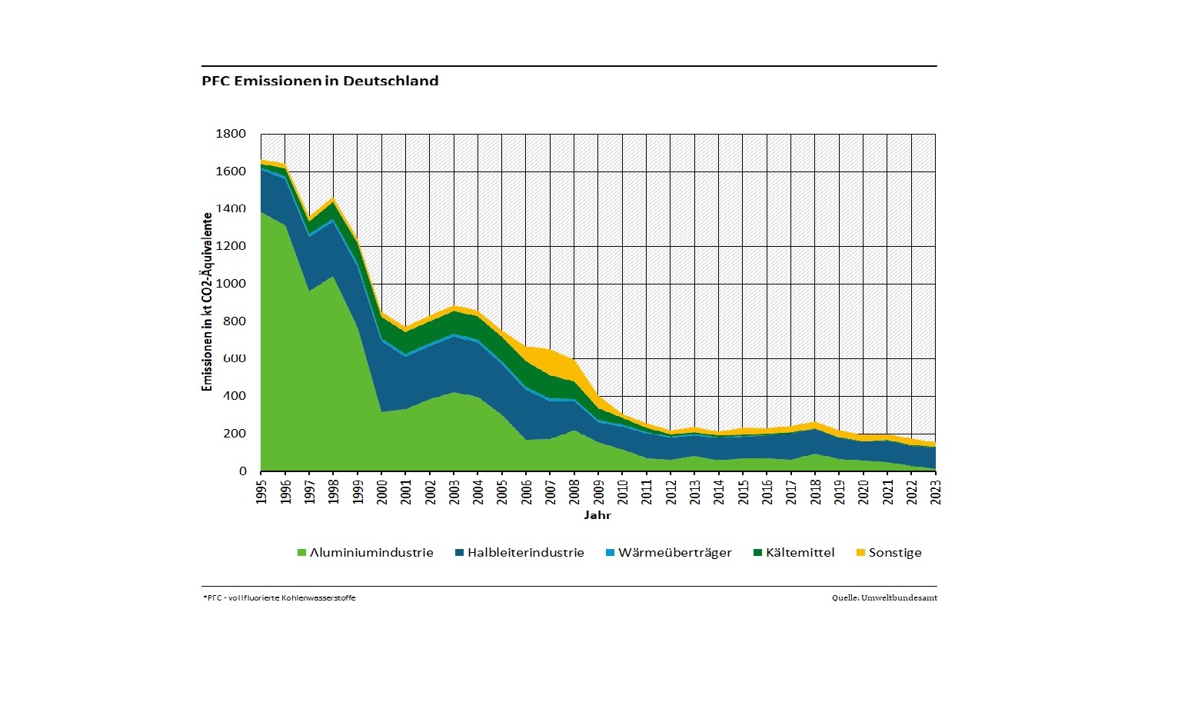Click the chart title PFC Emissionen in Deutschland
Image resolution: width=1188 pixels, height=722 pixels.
[x=320, y=81]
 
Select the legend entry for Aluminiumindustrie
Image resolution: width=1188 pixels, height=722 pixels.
[x=371, y=553]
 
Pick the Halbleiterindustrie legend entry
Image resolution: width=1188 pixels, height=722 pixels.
[x=526, y=553]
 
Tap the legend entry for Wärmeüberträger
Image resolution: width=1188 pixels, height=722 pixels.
[x=674, y=553]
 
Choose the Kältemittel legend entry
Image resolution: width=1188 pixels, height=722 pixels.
[x=800, y=553]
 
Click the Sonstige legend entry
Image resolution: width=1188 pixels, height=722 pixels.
[x=894, y=553]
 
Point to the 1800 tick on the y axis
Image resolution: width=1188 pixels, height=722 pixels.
[x=231, y=134]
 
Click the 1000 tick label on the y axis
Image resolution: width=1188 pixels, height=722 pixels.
[x=231, y=284]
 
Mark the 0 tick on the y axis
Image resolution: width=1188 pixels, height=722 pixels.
[x=243, y=471]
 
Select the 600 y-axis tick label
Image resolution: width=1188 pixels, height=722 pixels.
[x=234, y=358]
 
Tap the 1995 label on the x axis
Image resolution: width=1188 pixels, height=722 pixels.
[x=261, y=491]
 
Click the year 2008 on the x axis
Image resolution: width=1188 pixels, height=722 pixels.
[x=574, y=491]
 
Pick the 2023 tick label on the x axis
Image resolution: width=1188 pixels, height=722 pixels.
[x=936, y=491]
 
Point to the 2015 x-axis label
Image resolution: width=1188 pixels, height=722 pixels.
[x=743, y=491]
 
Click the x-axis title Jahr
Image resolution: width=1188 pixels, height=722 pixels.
[x=597, y=515]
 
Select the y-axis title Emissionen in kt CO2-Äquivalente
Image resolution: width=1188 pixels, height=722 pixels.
[x=207, y=302]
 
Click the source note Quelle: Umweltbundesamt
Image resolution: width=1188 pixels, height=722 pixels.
[x=884, y=598]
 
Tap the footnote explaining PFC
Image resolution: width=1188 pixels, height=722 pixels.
[x=279, y=598]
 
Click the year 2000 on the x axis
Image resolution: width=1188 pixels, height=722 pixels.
[x=382, y=491]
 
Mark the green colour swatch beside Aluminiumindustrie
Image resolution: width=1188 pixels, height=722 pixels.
[x=301, y=553]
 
